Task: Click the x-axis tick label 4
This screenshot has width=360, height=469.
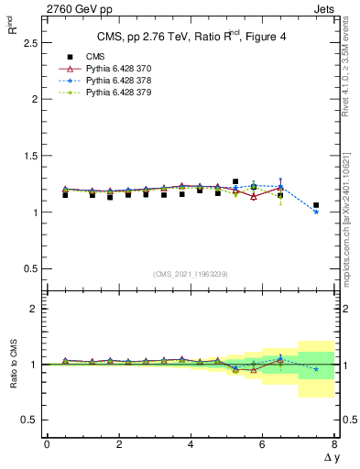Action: click(191, 445)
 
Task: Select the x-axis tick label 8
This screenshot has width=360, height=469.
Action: click(334, 445)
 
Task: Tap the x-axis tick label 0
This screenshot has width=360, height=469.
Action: click(47, 445)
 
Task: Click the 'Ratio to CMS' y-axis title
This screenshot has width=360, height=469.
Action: click(14, 365)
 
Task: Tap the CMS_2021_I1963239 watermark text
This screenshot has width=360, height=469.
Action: click(191, 274)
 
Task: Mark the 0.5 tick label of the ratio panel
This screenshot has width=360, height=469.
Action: click(28, 420)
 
